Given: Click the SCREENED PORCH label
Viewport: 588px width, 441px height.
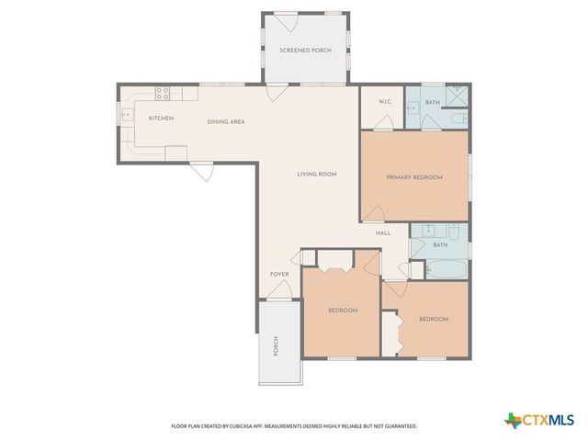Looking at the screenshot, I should pos(305,50).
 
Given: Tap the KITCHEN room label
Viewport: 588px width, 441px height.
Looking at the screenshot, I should pos(162,119).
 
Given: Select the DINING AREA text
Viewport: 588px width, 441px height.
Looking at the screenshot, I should pos(225,121).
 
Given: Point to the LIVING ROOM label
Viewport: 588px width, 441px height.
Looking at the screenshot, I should pos(316,174).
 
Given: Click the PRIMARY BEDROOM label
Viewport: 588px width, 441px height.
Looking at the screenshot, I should pos(414,177).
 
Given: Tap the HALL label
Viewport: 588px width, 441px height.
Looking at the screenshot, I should pos(383,233).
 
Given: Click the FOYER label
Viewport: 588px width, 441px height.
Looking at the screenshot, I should pos(279,274).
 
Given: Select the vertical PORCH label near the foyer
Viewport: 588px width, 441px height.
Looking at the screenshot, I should pos(275,346).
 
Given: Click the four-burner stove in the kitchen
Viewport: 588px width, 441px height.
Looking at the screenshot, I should pos(163,92).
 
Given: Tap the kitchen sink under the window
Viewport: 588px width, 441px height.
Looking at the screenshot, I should pos(128,115).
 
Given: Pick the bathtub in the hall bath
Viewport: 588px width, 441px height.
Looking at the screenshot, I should pos(446,270).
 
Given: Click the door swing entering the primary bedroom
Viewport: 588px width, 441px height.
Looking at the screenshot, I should pos(373,214).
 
